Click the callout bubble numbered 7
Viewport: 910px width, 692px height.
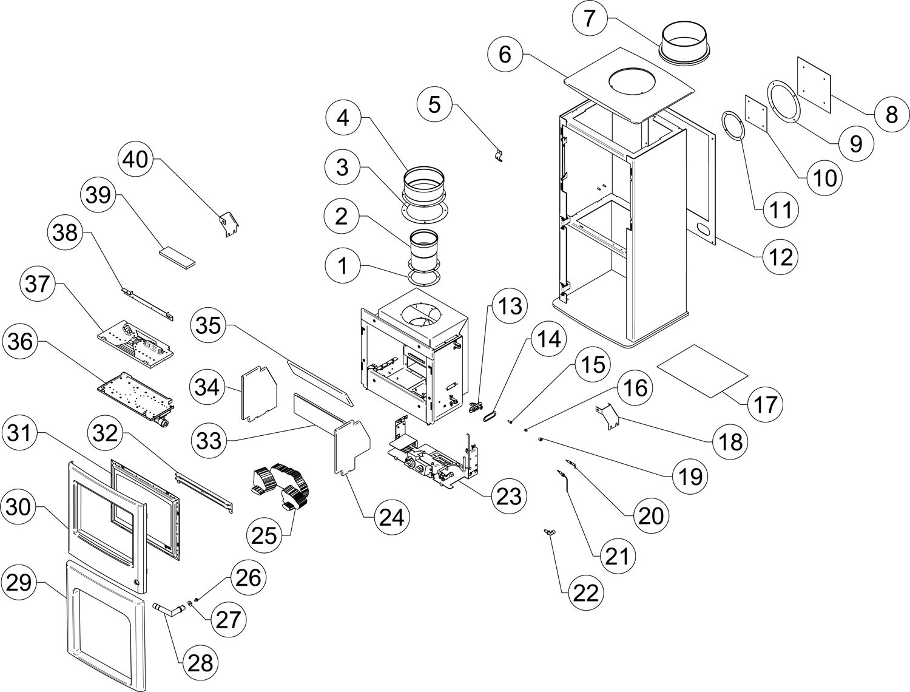coord(590,19)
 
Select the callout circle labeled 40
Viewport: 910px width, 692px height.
coord(136,160)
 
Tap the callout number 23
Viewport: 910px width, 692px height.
coord(509,496)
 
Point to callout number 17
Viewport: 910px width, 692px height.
coord(766,404)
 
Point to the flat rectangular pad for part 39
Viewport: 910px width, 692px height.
coord(177,257)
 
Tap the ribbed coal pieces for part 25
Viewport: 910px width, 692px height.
coord(280,486)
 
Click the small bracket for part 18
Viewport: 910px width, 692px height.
coord(607,416)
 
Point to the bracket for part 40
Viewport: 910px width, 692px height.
coord(230,223)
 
